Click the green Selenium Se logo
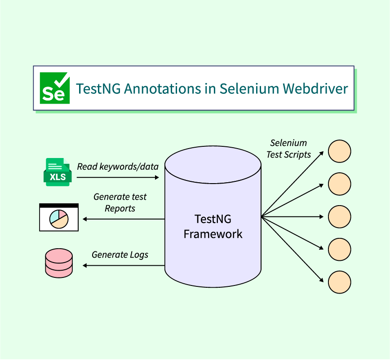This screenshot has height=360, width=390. point(55,88)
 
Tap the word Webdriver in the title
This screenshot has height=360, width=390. point(315,88)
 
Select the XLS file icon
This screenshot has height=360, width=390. point(57,172)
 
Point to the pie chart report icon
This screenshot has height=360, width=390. point(59,217)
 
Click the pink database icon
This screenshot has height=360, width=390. point(58,263)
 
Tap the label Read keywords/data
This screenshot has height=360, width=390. point(118,167)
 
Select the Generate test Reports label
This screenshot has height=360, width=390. point(120,202)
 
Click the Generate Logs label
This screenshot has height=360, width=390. point(120,255)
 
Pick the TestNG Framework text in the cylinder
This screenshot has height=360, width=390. point(213,226)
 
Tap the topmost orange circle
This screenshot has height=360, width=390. point(339,151)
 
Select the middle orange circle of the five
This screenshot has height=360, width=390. point(339,217)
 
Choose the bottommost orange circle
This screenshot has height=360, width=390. point(339,282)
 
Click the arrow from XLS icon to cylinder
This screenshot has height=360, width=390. point(118,178)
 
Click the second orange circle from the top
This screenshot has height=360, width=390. point(339,184)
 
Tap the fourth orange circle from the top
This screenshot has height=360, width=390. point(339,250)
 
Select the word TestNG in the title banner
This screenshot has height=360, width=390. point(98,88)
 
